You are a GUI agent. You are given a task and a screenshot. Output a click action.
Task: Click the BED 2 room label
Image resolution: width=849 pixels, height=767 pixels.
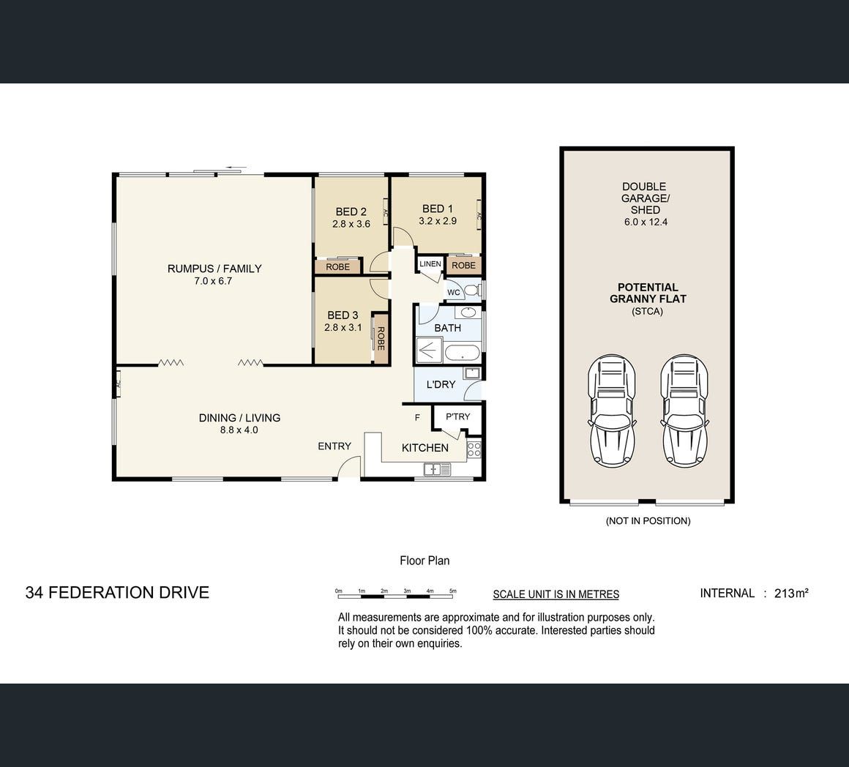(x=351, y=212)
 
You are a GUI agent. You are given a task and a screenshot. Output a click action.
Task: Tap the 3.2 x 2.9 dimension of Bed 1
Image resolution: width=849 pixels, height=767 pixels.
(x=438, y=221)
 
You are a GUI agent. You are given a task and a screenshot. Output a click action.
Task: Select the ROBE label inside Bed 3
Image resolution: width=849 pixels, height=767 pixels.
(x=381, y=339)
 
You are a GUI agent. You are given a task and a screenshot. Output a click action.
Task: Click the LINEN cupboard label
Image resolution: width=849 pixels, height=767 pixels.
(x=430, y=263)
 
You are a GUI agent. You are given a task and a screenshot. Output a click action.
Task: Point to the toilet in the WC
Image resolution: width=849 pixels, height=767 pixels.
(x=473, y=290)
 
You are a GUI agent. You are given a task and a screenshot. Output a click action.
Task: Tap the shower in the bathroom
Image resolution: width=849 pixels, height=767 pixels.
(x=429, y=351)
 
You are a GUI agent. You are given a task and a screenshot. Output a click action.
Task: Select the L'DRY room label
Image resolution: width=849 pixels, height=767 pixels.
(x=441, y=384)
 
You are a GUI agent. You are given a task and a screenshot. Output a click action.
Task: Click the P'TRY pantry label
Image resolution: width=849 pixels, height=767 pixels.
(x=457, y=416)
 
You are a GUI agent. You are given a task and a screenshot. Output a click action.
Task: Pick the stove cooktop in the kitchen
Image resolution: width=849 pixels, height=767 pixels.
(x=474, y=450)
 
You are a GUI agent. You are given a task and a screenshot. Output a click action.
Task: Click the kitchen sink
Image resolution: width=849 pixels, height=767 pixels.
(x=437, y=469)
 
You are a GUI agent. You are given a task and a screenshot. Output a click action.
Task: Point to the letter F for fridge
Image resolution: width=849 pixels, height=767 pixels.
(x=417, y=418)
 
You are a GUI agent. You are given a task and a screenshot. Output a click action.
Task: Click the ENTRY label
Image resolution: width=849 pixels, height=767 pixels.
(x=334, y=446)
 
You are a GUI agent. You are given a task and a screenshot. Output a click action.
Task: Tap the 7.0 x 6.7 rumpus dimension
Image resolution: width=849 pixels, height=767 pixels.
(x=213, y=281)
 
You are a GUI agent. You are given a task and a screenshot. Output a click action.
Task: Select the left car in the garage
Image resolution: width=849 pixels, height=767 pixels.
(x=612, y=411)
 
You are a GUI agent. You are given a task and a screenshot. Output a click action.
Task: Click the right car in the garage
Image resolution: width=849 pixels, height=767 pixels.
(x=684, y=411)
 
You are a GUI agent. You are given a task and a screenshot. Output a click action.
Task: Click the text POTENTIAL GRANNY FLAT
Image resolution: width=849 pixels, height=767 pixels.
(x=648, y=293)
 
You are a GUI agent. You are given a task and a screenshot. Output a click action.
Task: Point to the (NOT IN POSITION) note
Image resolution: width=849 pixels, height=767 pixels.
(x=648, y=520)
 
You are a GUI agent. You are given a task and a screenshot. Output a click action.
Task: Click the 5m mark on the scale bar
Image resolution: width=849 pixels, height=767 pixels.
(x=453, y=591)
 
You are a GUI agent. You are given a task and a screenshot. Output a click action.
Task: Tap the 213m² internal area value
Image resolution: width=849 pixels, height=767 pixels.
(x=792, y=593)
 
